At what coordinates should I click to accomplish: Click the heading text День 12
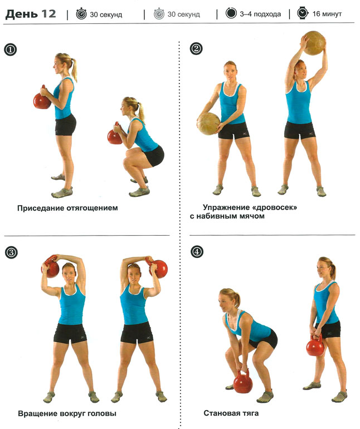pos(31,14)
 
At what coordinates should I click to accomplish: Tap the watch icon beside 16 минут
pos(303,13)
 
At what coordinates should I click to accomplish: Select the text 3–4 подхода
pos(260,14)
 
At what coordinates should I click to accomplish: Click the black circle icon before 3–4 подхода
pos(231,13)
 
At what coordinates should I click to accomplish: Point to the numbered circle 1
pos(11,50)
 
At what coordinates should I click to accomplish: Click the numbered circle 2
pos(196,48)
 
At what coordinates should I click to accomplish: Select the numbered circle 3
pos(11,252)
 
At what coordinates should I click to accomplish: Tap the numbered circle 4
pos(197,251)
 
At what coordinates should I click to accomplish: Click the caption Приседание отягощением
pos(67,208)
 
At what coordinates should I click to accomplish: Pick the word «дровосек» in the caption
pos(274,207)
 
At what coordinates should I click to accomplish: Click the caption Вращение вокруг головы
pos(67,413)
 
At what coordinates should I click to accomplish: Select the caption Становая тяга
pos(231,413)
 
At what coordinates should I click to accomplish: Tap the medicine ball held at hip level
pos(208,124)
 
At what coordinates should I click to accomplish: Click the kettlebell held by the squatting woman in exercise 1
pos(115,135)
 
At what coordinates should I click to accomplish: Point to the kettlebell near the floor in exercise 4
pos(242,382)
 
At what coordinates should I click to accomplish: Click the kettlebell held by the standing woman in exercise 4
pos(315,346)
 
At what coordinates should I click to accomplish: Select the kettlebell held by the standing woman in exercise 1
pos(42,99)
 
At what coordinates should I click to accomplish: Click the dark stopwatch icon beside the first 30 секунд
pos(81,14)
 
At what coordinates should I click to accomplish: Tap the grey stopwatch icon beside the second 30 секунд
pos(159,14)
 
